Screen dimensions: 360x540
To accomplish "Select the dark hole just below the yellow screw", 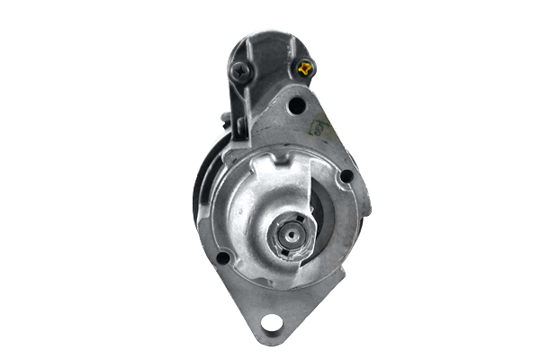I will click(x=295, y=106).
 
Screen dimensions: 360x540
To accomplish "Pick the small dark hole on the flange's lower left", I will click(x=222, y=259).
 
